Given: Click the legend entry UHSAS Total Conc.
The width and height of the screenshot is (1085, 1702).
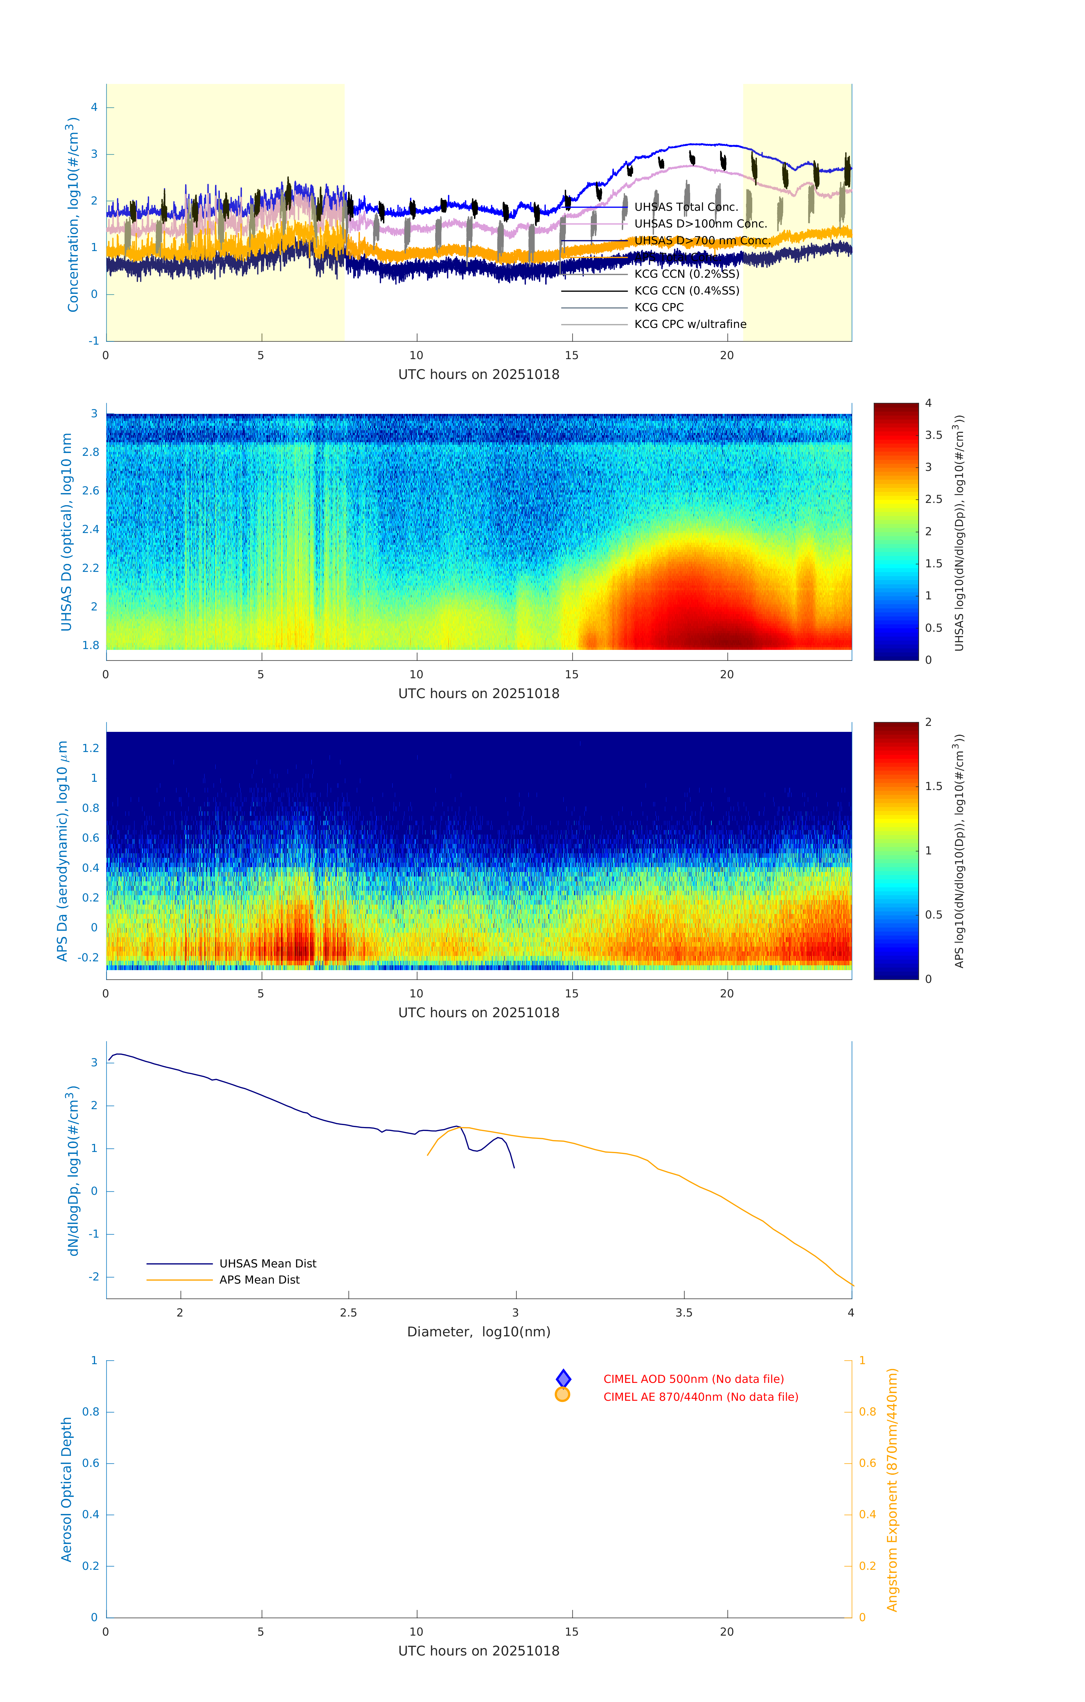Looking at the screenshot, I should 686,207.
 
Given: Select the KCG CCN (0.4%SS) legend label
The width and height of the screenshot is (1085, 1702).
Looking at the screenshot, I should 686,290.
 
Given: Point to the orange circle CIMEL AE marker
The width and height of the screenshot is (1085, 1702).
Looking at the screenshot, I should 563,1395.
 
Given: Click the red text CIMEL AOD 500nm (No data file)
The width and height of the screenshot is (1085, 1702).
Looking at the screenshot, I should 693,1379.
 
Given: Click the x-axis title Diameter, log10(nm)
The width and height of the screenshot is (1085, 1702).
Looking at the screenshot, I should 479,1332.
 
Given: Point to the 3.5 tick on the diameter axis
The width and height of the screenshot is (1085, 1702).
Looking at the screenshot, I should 684,1313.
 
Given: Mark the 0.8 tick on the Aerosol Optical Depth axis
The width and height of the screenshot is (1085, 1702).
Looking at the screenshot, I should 90,1412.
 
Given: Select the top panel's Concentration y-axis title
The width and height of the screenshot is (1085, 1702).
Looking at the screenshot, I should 72,214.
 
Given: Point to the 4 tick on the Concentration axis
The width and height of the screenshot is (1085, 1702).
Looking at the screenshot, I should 94,108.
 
